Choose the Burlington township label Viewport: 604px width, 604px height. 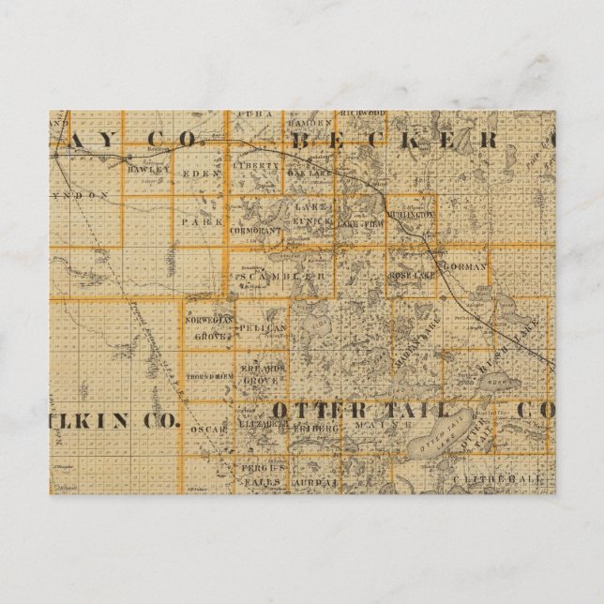(411, 214)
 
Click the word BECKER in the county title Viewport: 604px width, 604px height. (394, 141)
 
